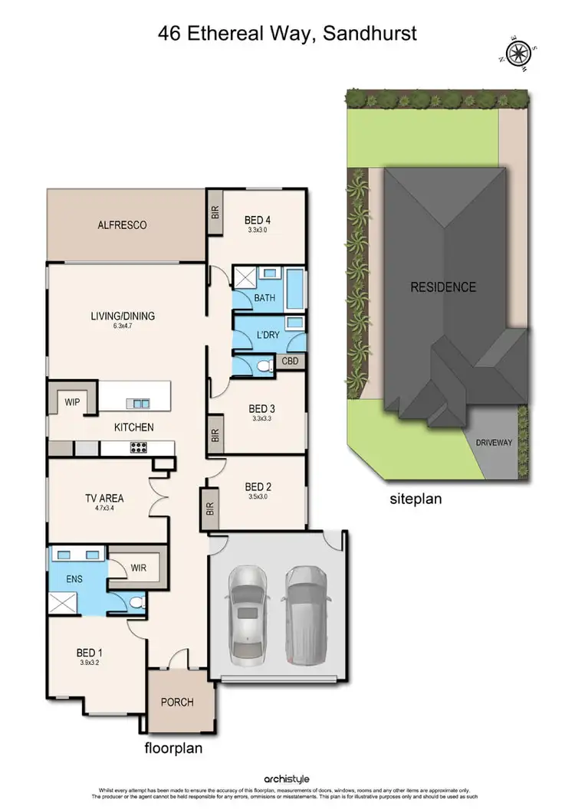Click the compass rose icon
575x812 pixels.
517,54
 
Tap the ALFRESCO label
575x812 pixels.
122,225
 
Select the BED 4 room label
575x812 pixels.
258,218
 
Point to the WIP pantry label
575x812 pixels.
73,401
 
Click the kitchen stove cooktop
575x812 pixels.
141,448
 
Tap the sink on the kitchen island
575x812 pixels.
139,403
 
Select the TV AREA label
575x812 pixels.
104,499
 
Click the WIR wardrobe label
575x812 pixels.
139,568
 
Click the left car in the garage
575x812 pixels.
247,605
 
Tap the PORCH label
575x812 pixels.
176,702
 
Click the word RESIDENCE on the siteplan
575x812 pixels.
442,287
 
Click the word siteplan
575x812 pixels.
416,499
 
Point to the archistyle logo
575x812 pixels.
287,779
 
